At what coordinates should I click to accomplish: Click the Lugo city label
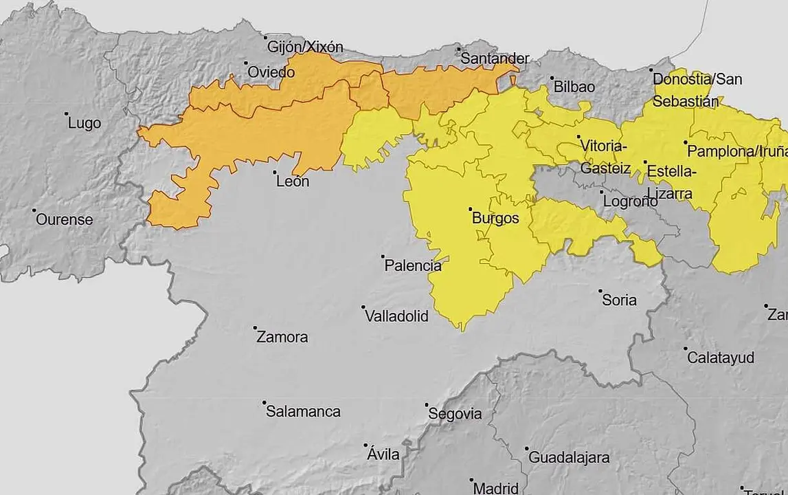point(85,124)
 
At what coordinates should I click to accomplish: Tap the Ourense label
point(64,220)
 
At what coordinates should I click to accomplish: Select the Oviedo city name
point(271,72)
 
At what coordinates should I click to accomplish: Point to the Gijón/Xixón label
point(304,47)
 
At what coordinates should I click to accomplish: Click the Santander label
point(495,58)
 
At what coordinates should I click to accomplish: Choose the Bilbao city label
point(574,87)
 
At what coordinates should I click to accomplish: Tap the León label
point(292,182)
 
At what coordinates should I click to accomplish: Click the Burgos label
point(495,219)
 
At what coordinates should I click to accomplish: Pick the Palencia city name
point(412,265)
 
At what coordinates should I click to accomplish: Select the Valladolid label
point(396,316)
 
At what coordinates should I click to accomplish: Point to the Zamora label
point(282,338)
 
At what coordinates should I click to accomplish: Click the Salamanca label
point(303,412)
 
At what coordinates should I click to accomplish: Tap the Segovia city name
point(454,415)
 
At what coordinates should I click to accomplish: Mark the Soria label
point(619,300)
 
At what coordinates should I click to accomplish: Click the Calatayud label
point(721,358)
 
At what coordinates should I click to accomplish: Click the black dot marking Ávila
point(367,445)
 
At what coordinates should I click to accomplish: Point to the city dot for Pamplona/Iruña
point(685,142)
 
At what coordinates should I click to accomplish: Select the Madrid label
point(496,488)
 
